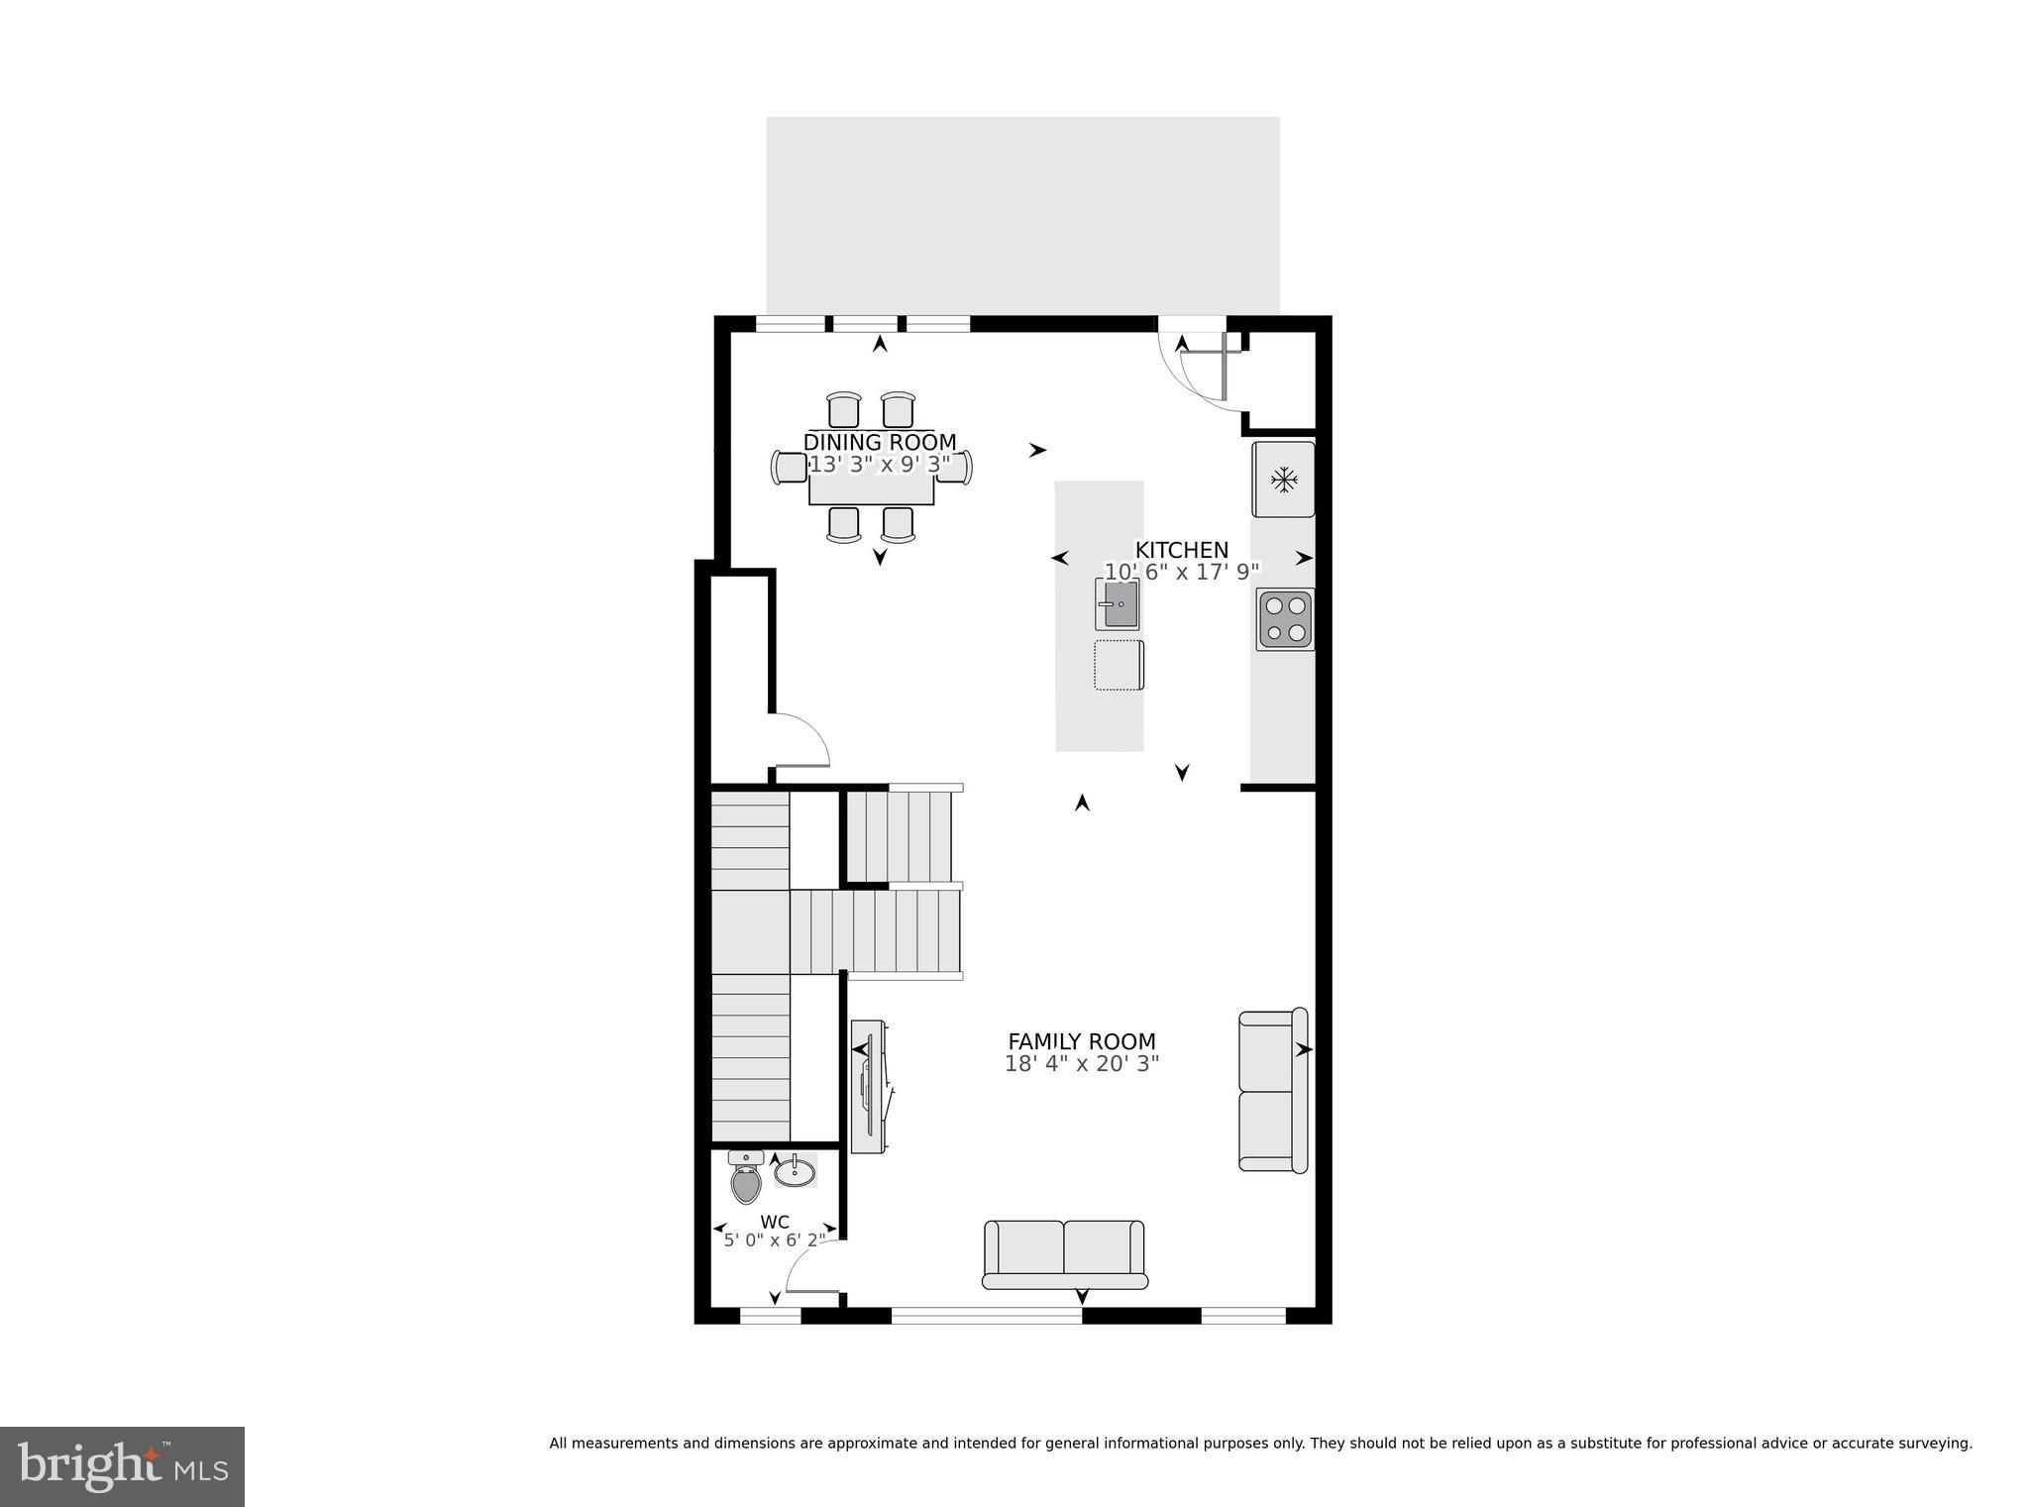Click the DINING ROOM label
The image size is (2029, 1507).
(880, 442)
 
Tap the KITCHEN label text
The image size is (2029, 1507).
(1181, 550)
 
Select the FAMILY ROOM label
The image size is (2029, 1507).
(1081, 1041)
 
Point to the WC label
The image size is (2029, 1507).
(775, 1222)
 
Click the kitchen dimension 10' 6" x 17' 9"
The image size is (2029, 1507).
(1181, 572)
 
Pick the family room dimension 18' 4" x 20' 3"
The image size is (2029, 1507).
(1081, 1064)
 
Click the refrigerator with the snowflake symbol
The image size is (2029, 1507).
(1284, 480)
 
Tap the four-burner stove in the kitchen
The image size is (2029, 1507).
(1285, 619)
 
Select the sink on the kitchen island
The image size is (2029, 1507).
(1117, 604)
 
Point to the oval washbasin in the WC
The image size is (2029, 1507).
(795, 1173)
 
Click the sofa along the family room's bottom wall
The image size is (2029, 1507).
(1065, 1253)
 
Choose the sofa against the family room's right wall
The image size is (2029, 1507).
(1272, 1091)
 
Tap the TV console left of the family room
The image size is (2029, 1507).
(869, 1086)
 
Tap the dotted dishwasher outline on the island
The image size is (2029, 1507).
(1119, 665)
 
